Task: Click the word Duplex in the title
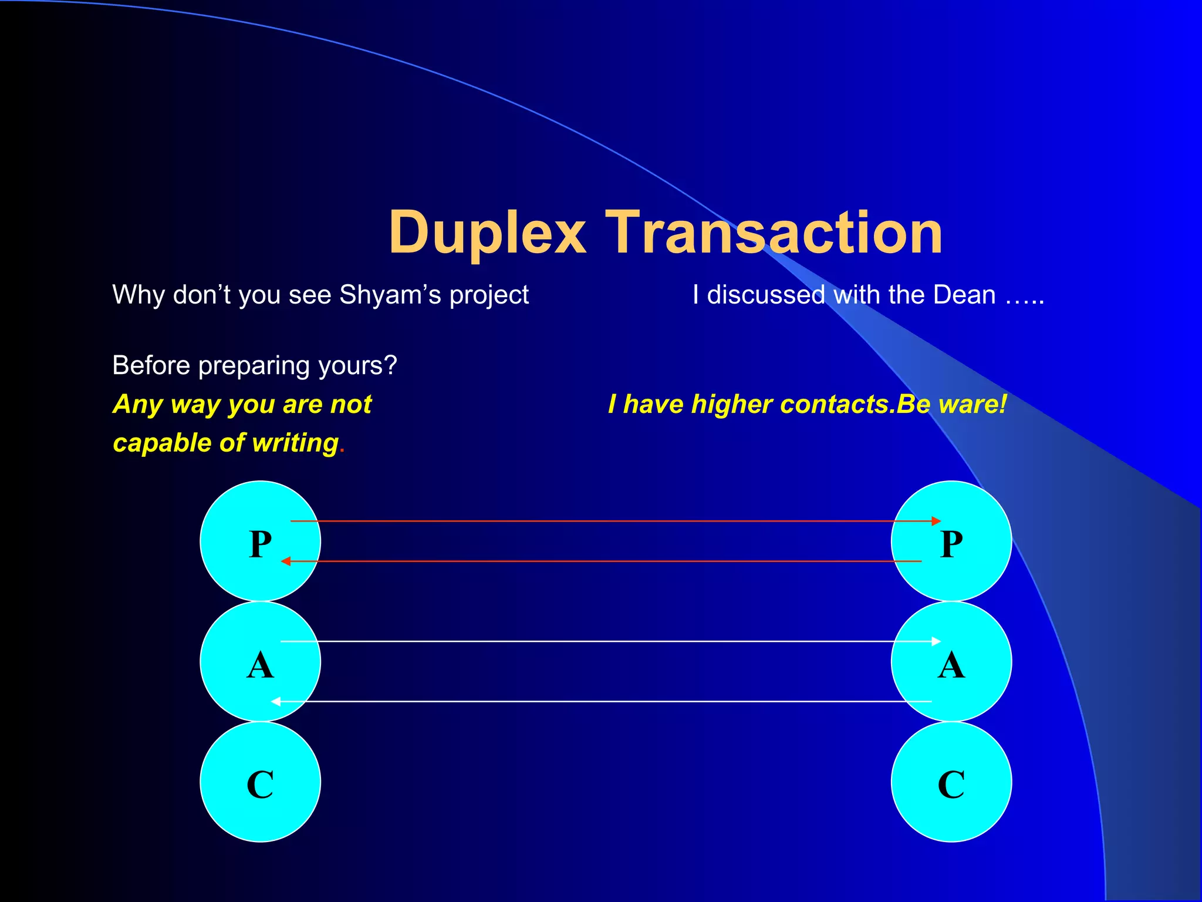pyautogui.click(x=487, y=234)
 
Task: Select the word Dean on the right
pyautogui.click(x=964, y=295)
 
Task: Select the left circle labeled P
pyautogui.click(x=260, y=541)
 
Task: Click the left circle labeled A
pyautogui.click(x=260, y=662)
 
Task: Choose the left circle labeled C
pyautogui.click(x=260, y=782)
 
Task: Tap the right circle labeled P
pyautogui.click(x=951, y=541)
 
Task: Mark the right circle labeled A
pyautogui.click(x=951, y=662)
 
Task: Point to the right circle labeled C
pyautogui.click(x=951, y=782)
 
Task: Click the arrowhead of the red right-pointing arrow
pyautogui.click(x=936, y=521)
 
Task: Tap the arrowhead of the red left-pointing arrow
pyautogui.click(x=286, y=561)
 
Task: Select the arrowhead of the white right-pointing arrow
pyautogui.click(x=936, y=641)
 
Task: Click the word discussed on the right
pyautogui.click(x=766, y=295)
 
